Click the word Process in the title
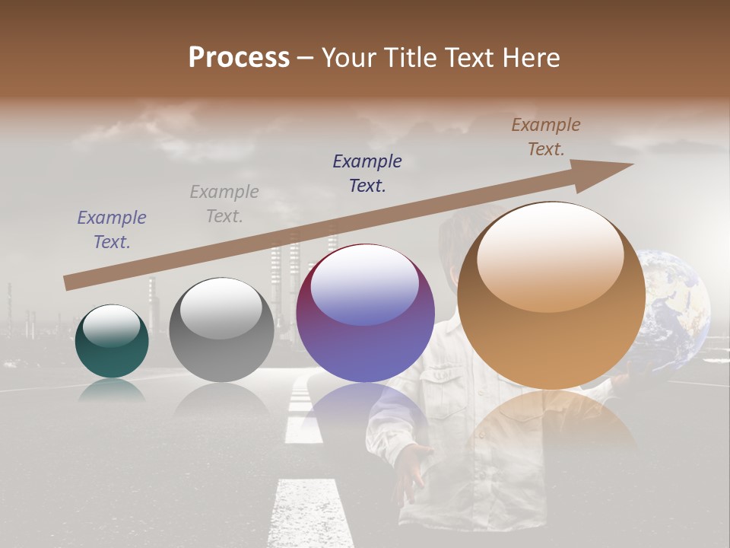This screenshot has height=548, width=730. pyautogui.click(x=239, y=58)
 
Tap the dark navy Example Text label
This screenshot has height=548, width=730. pyautogui.click(x=367, y=174)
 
